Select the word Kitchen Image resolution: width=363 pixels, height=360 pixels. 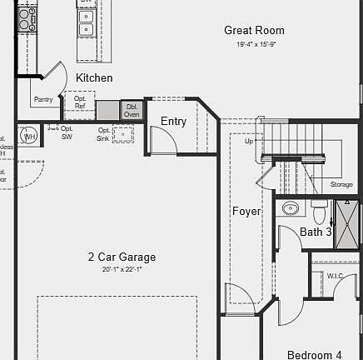pos(94,77)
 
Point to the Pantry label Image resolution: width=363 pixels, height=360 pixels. pos(43,99)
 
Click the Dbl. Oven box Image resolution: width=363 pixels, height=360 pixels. pos(132,109)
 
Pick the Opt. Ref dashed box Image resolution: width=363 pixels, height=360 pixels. pos(81,103)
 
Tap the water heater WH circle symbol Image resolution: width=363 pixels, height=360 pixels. pos(29,135)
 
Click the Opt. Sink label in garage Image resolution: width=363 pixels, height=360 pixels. pos(104,134)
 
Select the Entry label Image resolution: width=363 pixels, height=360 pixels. pos(173,122)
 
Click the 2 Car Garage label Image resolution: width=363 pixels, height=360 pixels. pos(122,257)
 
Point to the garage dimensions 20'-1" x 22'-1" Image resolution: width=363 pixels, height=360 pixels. pos(122,269)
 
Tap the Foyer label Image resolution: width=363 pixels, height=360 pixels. pos(246,212)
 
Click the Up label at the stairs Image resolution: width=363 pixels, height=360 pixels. pos(248,141)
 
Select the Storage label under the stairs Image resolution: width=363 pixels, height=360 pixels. pos(341,184)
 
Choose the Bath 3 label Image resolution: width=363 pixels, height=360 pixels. pos(316,232)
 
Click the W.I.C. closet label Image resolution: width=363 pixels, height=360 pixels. pos(336,276)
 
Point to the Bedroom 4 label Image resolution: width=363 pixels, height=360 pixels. pos(314,354)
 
